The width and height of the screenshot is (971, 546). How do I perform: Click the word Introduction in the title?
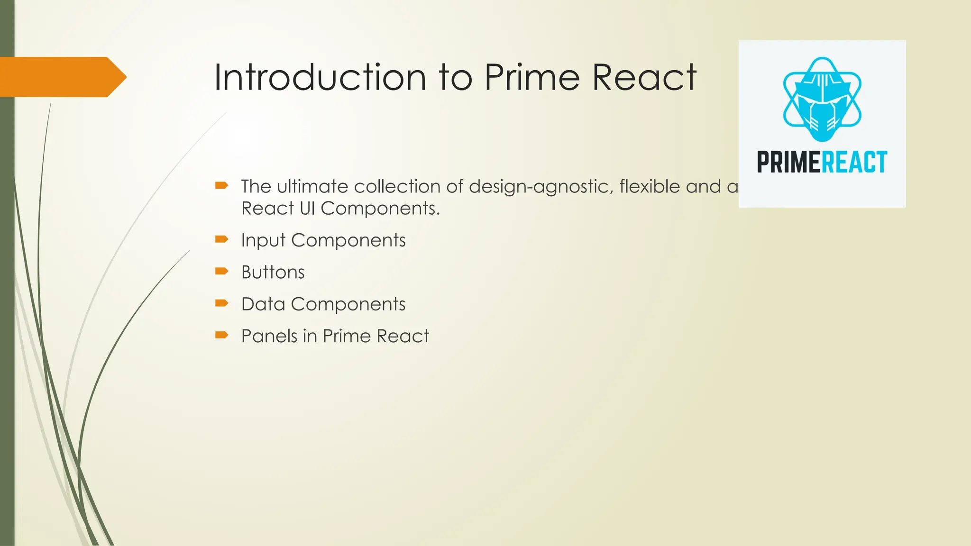(x=320, y=77)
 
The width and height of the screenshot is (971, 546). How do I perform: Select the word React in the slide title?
(x=644, y=77)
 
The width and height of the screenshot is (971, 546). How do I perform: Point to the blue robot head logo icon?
(x=822, y=100)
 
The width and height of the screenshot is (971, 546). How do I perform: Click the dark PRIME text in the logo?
(x=788, y=162)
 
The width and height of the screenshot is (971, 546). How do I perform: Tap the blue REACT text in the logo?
(x=854, y=162)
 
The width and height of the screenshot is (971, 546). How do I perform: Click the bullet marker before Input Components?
(x=221, y=239)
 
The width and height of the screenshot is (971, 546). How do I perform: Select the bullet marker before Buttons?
(x=221, y=271)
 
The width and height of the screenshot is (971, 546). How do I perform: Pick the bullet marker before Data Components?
(x=221, y=303)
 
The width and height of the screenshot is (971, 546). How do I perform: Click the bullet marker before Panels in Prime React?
(x=221, y=335)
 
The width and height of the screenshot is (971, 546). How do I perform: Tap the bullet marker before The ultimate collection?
(x=221, y=185)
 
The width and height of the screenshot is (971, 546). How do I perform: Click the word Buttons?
(x=273, y=273)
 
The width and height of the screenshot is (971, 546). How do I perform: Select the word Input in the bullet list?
(x=263, y=241)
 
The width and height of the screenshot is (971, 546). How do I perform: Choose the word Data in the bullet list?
(x=263, y=304)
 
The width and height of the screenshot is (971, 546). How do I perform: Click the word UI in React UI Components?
(x=307, y=209)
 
